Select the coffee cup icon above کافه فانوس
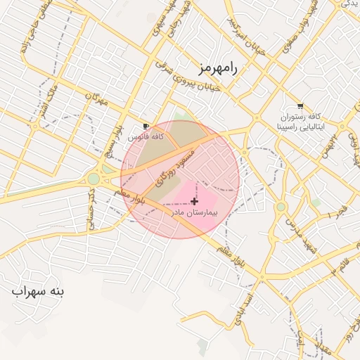coord(146,126)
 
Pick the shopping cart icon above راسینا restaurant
coord(300,106)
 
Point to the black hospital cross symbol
coord(194,201)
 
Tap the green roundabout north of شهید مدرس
coord(281,207)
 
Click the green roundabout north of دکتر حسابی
coord(94,179)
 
